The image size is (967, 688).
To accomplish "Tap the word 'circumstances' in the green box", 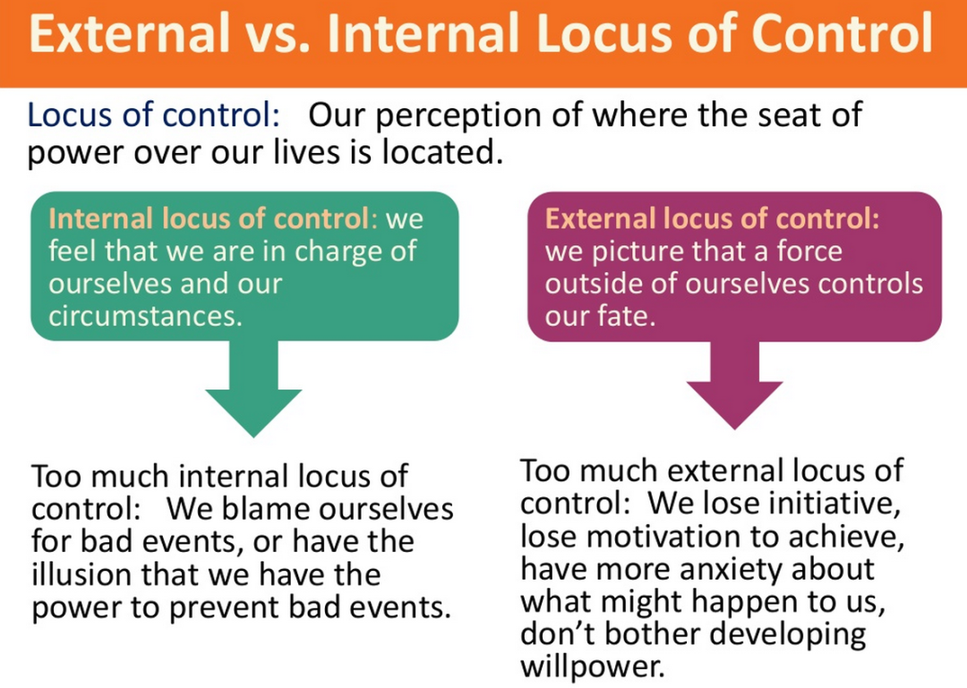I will (x=145, y=316).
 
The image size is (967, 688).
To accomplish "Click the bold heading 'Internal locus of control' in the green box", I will (x=208, y=219).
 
